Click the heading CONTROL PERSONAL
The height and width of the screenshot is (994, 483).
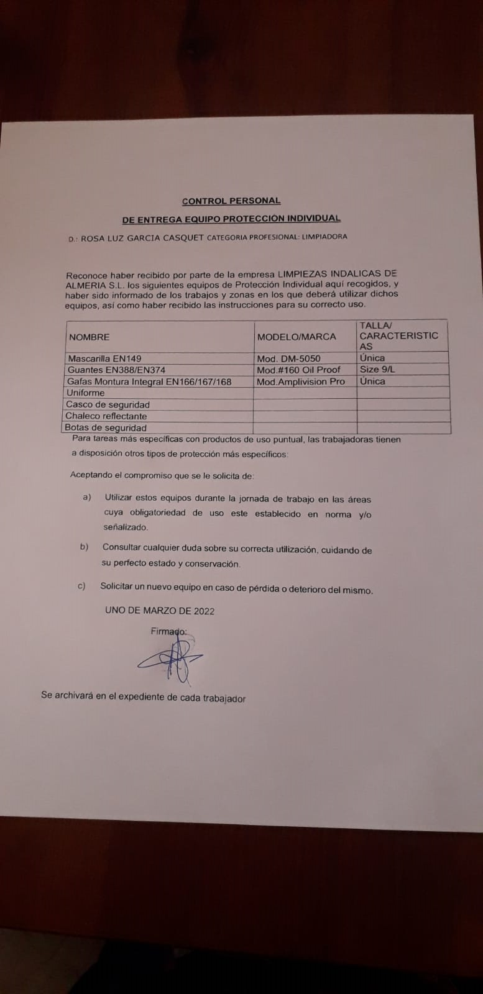coord(231,201)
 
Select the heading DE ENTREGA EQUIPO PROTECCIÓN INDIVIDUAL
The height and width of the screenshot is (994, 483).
coord(231,219)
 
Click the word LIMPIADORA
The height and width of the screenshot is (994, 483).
coord(324,237)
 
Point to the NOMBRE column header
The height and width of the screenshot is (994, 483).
coord(89,337)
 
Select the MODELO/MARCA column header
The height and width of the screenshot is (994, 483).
coord(297,337)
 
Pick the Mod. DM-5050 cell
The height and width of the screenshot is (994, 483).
coord(288,358)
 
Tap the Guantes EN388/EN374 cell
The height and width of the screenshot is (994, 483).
coord(116,370)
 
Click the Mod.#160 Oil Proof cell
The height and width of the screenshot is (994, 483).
coord(299,370)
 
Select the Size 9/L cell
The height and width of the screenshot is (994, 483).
coord(377,369)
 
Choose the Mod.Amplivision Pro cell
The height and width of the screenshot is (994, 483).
coord(301,381)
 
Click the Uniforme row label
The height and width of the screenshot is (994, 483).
coord(85,393)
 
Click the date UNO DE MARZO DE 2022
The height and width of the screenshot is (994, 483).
coord(160,611)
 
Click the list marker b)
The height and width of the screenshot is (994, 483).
coord(84,547)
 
